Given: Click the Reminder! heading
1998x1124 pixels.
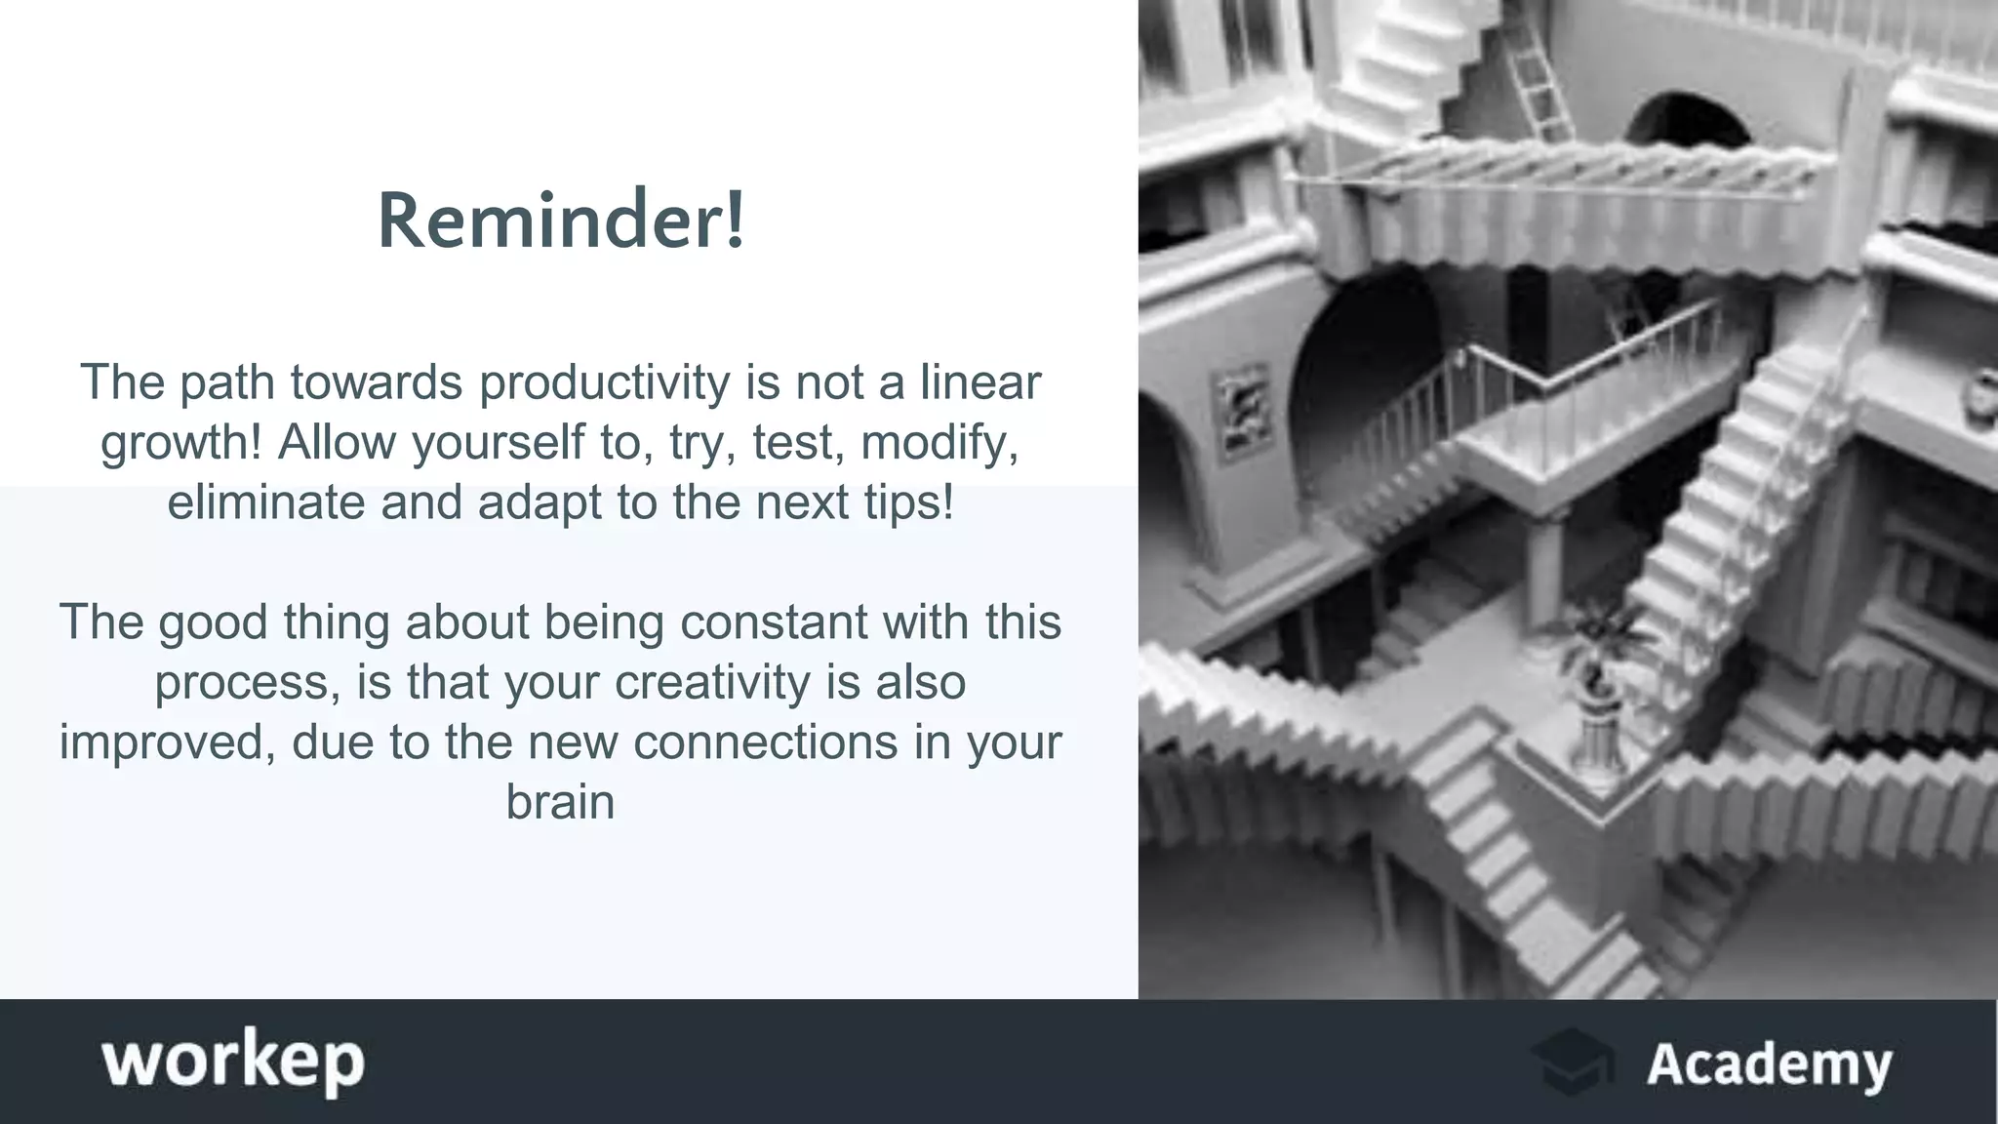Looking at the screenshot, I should coord(561,221).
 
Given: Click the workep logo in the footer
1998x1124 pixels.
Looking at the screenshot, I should coord(233,1062).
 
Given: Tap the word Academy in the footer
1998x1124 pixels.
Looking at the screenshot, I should coord(1769,1064).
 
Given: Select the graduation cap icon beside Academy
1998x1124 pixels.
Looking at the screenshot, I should coord(1572,1062).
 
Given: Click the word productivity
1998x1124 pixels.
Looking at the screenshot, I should coord(604,382).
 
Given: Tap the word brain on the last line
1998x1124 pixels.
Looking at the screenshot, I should coord(560,802).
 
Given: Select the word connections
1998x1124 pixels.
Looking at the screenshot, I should coord(765,743).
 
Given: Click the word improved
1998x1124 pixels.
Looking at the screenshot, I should coord(167,743).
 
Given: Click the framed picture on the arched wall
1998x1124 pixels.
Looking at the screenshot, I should coord(1242,410).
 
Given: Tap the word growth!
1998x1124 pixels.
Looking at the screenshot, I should coord(181,443).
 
